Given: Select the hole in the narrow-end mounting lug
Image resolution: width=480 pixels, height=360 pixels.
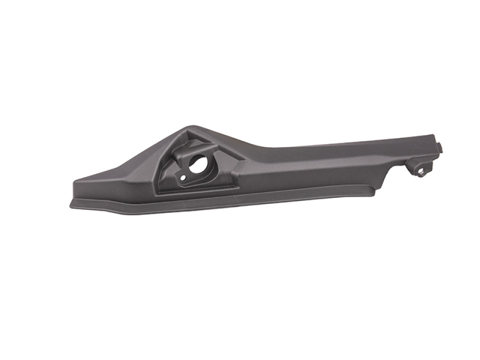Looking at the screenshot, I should point(421,171).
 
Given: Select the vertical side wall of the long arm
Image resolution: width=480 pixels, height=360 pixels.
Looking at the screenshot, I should point(310,172).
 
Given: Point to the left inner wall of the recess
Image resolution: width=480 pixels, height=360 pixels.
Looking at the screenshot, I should point(167,170).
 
